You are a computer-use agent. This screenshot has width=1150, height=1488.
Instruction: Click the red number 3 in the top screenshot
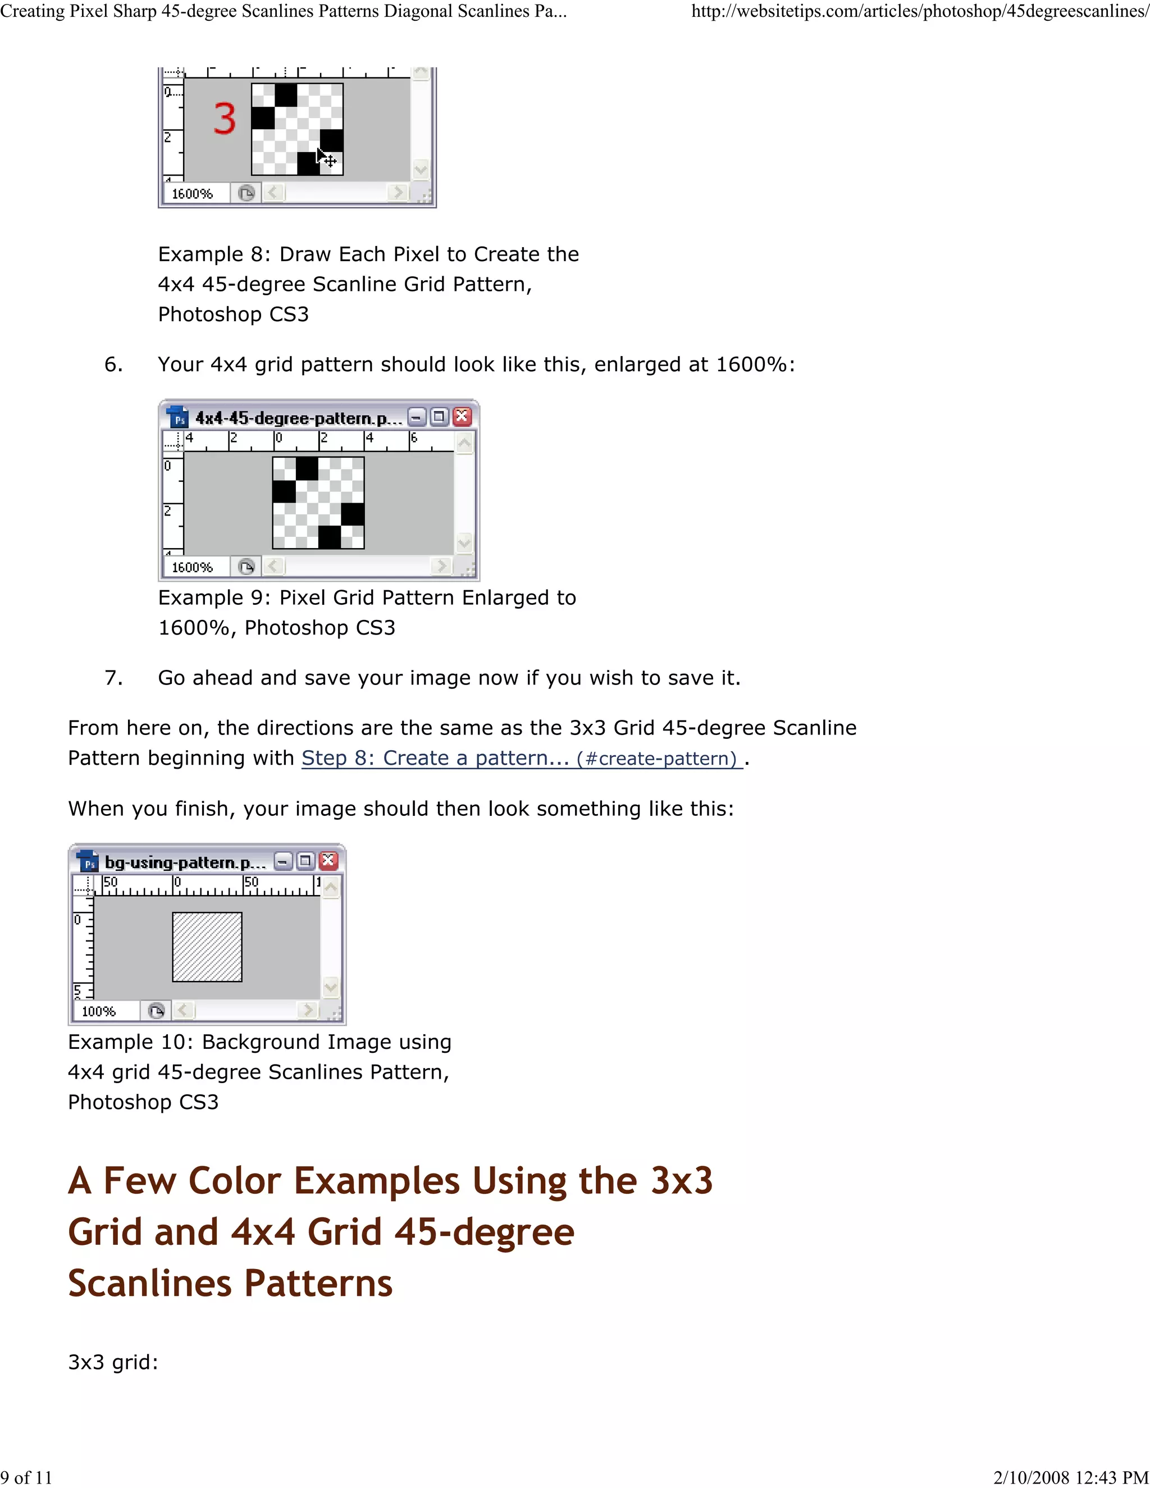224,118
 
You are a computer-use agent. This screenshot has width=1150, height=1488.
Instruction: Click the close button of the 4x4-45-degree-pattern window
462,417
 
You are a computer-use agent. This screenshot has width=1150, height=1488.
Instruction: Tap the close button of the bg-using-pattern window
328,861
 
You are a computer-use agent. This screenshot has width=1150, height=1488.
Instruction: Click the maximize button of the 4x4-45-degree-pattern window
440,417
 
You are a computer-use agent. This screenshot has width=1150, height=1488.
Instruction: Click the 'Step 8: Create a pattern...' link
435,757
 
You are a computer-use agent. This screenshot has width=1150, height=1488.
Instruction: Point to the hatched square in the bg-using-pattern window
207,947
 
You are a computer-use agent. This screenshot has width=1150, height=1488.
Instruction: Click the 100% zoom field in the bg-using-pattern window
99,1011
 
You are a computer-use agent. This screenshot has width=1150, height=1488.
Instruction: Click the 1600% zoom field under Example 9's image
192,567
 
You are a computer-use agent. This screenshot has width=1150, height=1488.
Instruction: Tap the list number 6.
113,364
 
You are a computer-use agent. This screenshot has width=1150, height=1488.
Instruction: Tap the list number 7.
113,678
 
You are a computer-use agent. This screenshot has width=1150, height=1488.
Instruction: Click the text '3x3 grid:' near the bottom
113,1362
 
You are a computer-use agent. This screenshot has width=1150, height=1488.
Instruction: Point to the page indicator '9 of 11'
26,1478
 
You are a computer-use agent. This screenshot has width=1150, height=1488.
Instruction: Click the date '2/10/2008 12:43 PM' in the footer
1071,1478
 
